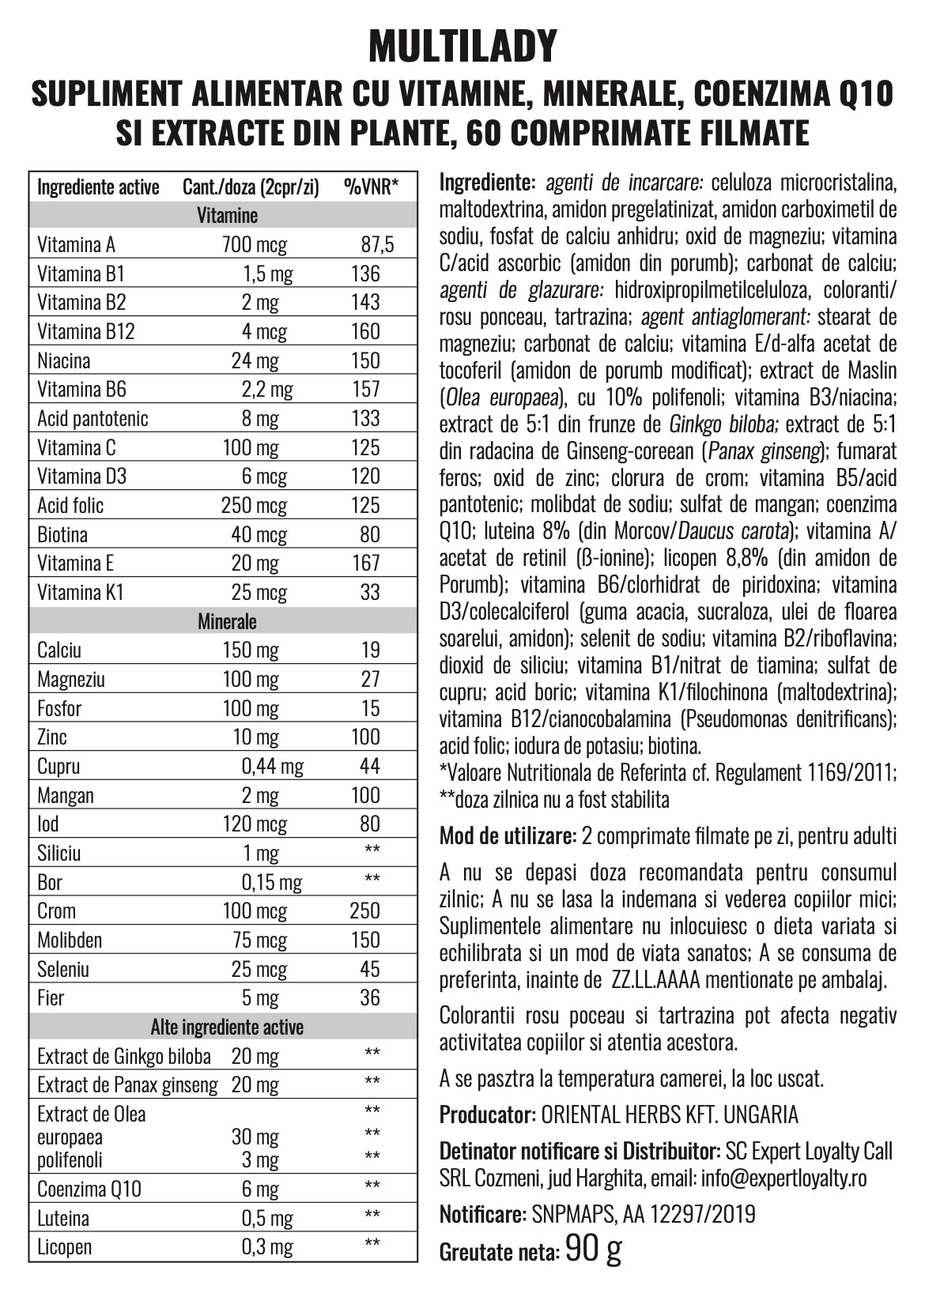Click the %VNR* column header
(371, 187)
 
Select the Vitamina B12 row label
(86, 331)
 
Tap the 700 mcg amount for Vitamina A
(254, 245)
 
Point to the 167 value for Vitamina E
(365, 564)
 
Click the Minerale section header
(227, 622)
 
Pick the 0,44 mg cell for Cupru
(272, 767)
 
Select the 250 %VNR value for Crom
(365, 911)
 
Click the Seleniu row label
(63, 969)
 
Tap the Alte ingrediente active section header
(227, 1027)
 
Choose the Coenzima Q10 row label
(89, 1189)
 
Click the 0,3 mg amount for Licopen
(266, 1247)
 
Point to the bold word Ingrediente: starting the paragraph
(487, 183)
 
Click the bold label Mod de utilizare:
(508, 836)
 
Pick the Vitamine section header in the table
(227, 216)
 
